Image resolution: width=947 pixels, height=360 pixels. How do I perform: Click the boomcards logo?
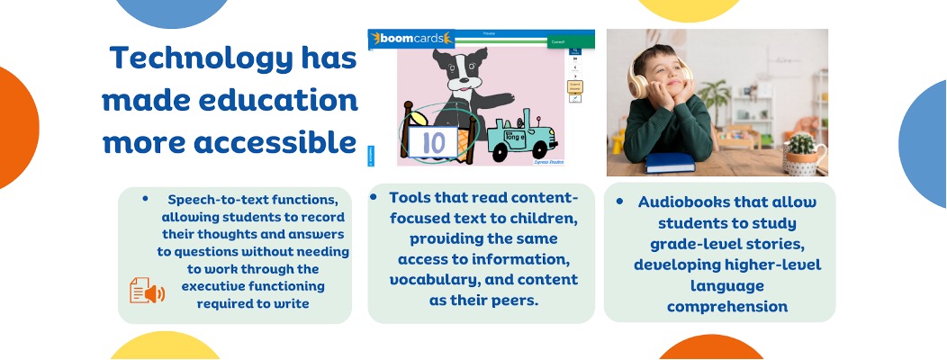click(x=410, y=40)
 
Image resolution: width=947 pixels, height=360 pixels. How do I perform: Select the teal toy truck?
click(x=521, y=139)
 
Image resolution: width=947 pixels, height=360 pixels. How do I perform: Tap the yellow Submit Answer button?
click(x=574, y=86)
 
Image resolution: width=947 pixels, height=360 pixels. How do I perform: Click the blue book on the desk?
click(x=672, y=162)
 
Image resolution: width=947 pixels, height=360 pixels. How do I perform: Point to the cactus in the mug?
click(x=798, y=144)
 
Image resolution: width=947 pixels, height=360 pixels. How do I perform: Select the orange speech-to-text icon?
click(x=147, y=291)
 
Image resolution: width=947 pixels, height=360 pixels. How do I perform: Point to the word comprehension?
click(x=727, y=306)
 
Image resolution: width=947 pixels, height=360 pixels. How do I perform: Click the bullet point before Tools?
click(x=374, y=195)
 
